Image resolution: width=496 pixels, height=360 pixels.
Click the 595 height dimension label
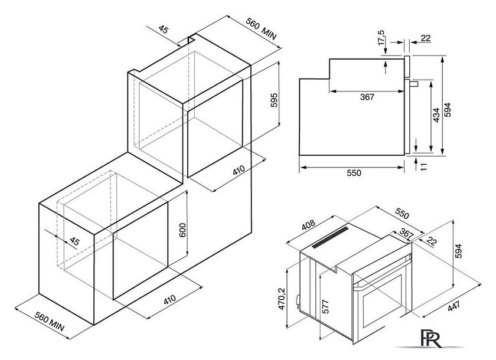[274, 100]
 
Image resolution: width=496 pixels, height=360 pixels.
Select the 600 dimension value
[183, 230]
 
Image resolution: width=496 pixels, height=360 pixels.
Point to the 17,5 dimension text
[381, 38]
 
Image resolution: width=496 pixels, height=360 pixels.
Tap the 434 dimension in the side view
[436, 115]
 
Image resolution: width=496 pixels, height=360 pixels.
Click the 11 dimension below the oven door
[424, 166]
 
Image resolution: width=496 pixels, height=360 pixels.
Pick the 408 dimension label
[309, 225]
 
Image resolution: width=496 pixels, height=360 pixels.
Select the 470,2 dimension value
[282, 299]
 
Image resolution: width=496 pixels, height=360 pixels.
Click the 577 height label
[325, 306]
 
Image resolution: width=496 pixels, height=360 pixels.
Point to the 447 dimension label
[454, 306]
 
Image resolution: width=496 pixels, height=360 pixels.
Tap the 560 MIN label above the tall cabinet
[261, 29]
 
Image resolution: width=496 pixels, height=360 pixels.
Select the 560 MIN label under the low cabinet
[50, 322]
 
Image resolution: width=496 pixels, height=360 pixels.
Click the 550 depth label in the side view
[354, 172]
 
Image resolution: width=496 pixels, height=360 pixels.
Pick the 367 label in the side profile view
[367, 97]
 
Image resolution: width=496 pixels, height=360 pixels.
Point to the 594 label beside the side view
[448, 110]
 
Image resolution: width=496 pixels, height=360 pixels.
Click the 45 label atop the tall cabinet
[164, 30]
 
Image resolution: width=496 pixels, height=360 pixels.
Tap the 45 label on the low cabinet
[74, 241]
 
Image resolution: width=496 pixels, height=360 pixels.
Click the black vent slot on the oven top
[330, 237]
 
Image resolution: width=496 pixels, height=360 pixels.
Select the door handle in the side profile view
[413, 83]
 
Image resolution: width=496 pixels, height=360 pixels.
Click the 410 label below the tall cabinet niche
[239, 171]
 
